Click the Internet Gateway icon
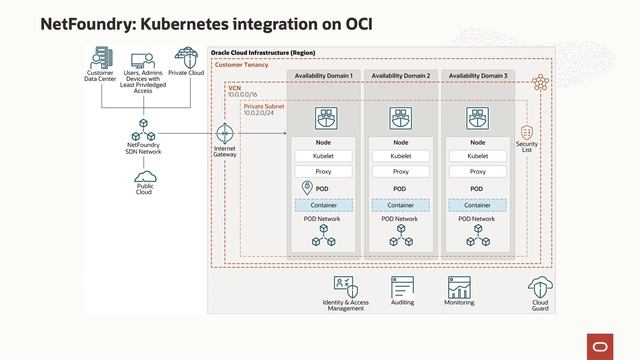click(224, 133)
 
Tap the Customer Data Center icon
click(100, 56)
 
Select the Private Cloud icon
click(186, 56)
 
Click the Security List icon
click(527, 133)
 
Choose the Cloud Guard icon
click(540, 286)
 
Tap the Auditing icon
click(403, 286)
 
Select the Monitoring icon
click(460, 286)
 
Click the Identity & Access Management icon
click(345, 286)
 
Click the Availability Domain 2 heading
click(400, 76)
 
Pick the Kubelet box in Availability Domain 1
click(323, 156)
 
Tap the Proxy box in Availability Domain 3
click(477, 172)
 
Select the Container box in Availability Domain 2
click(400, 204)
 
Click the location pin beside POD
click(308, 188)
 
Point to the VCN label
click(234, 88)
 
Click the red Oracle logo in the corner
click(604, 345)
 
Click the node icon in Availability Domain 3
click(477, 119)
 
